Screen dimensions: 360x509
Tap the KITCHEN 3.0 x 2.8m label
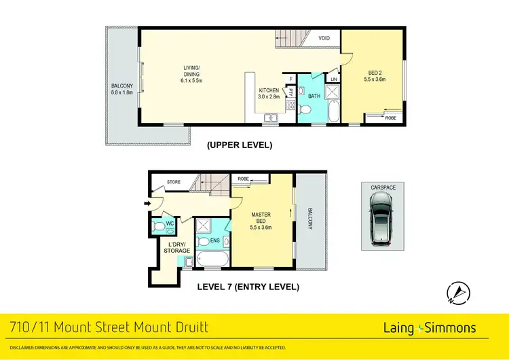pyautogui.click(x=269, y=94)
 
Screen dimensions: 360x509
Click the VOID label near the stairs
pyautogui.click(x=324, y=38)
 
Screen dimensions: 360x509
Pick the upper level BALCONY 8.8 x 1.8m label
pyautogui.click(x=122, y=90)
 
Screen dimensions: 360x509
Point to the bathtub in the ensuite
pyautogui.click(x=212, y=259)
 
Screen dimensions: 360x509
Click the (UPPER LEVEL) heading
pyautogui.click(x=240, y=145)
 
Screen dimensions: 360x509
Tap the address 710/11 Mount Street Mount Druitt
pyautogui.click(x=108, y=329)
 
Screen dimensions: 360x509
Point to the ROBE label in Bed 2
pyautogui.click(x=391, y=118)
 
